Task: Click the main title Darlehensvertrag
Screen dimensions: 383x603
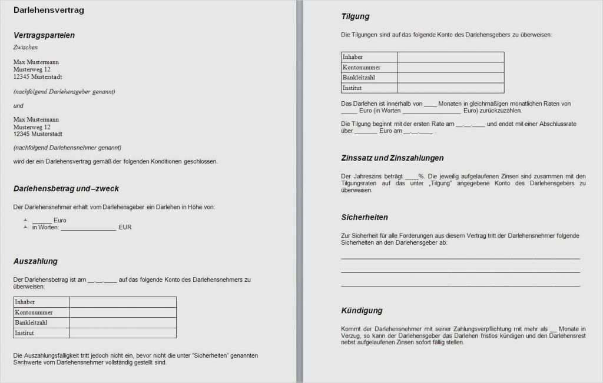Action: point(48,10)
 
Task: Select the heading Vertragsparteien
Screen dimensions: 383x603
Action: point(44,35)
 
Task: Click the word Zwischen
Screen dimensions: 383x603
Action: point(25,47)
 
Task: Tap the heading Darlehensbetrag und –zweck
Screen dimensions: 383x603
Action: point(66,189)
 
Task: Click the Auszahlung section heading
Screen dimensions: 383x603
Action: point(35,261)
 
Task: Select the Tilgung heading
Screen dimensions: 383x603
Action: point(355,16)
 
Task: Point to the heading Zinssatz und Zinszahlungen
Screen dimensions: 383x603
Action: point(392,158)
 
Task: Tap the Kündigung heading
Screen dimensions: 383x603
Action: point(362,310)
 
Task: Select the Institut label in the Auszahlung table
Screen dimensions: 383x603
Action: point(25,333)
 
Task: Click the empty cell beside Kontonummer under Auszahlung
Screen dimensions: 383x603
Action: point(122,312)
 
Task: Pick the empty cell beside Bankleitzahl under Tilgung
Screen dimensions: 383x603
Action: point(450,78)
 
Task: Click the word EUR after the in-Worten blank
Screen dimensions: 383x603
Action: point(125,227)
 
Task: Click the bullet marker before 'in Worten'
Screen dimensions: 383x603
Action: point(25,227)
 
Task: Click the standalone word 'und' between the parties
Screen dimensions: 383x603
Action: point(18,105)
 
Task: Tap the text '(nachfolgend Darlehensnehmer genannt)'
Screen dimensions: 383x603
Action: point(67,148)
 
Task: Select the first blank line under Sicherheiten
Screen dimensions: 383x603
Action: point(460,258)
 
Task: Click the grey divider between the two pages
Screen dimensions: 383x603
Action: point(300,191)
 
